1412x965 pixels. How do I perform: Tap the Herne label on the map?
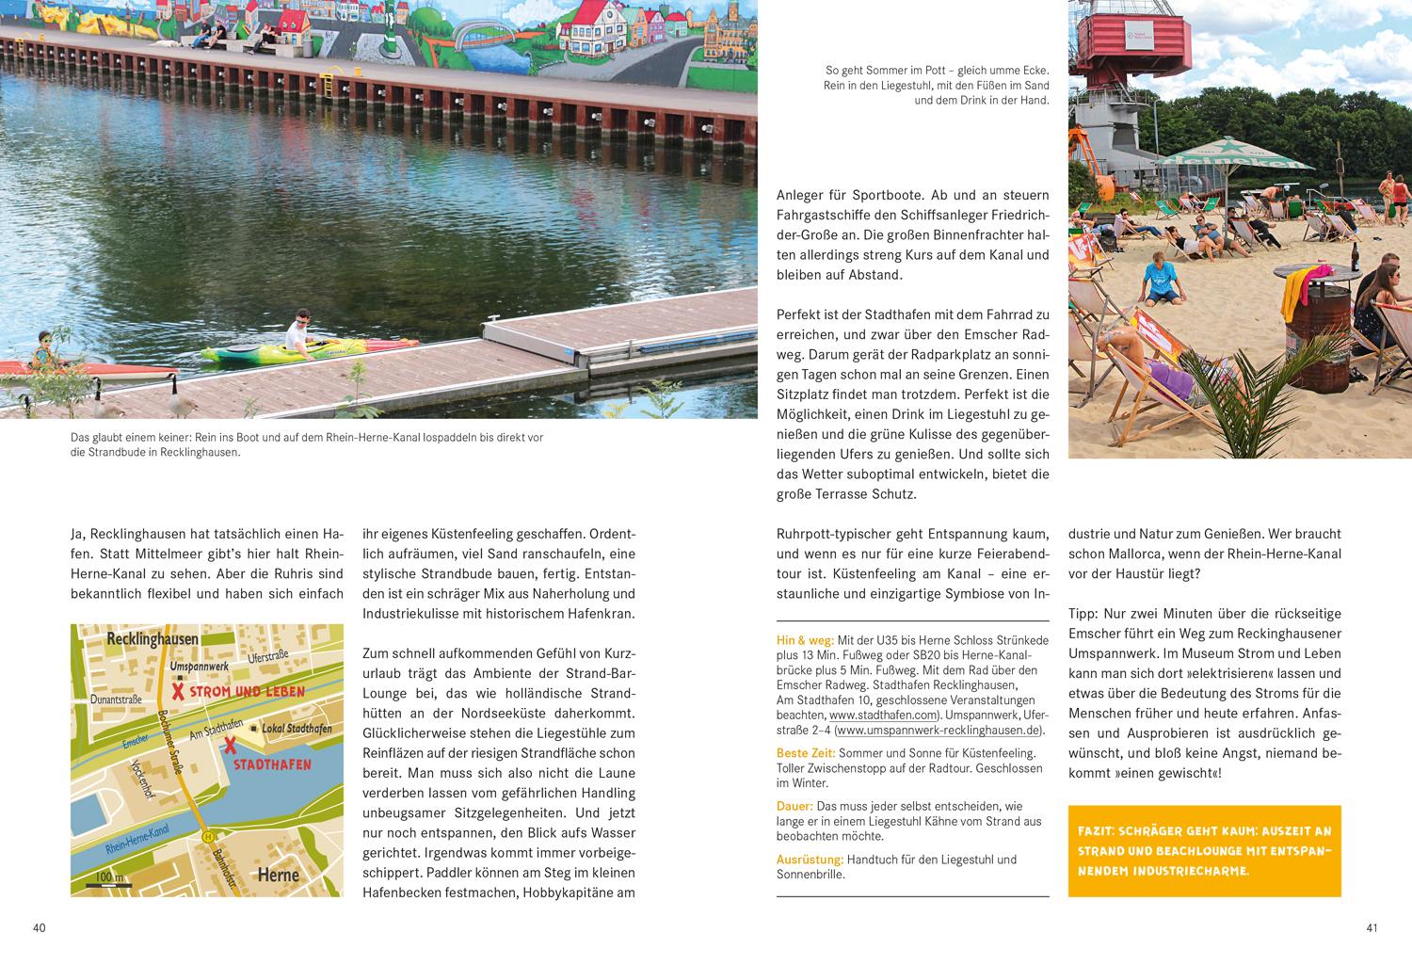tap(279, 875)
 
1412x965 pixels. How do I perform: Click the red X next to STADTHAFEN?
tap(229, 746)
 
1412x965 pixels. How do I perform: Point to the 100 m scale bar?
tap(109, 879)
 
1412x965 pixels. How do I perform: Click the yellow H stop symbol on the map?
tap(206, 836)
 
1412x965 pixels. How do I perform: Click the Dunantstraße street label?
tap(116, 700)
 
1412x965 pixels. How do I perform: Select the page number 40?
tap(40, 928)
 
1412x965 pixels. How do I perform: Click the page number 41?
tap(1372, 928)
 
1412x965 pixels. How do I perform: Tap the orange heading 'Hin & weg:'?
tap(805, 640)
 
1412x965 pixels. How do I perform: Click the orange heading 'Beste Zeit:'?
tap(806, 753)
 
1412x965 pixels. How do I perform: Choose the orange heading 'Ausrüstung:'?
tap(810, 860)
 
